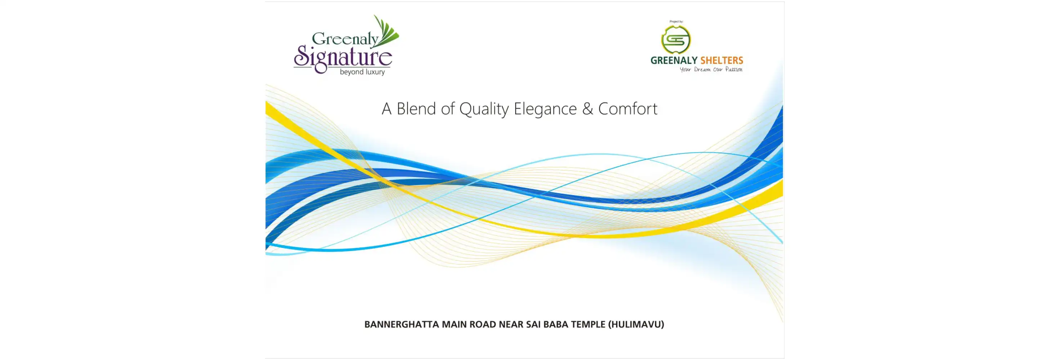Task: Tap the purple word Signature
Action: pyautogui.click(x=343, y=58)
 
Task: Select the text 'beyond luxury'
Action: pyautogui.click(x=362, y=72)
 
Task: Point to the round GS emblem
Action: pyautogui.click(x=676, y=40)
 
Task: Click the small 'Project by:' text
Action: pyautogui.click(x=676, y=22)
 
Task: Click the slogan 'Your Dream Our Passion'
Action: pyautogui.click(x=711, y=70)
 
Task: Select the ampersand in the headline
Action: pyautogui.click(x=587, y=109)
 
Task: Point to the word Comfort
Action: pyautogui.click(x=628, y=108)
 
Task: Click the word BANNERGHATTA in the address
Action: pyautogui.click(x=402, y=325)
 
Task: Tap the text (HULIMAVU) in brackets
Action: pyautogui.click(x=636, y=325)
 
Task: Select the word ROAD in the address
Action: pyautogui.click(x=483, y=325)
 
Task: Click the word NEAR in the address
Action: pyautogui.click(x=511, y=325)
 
